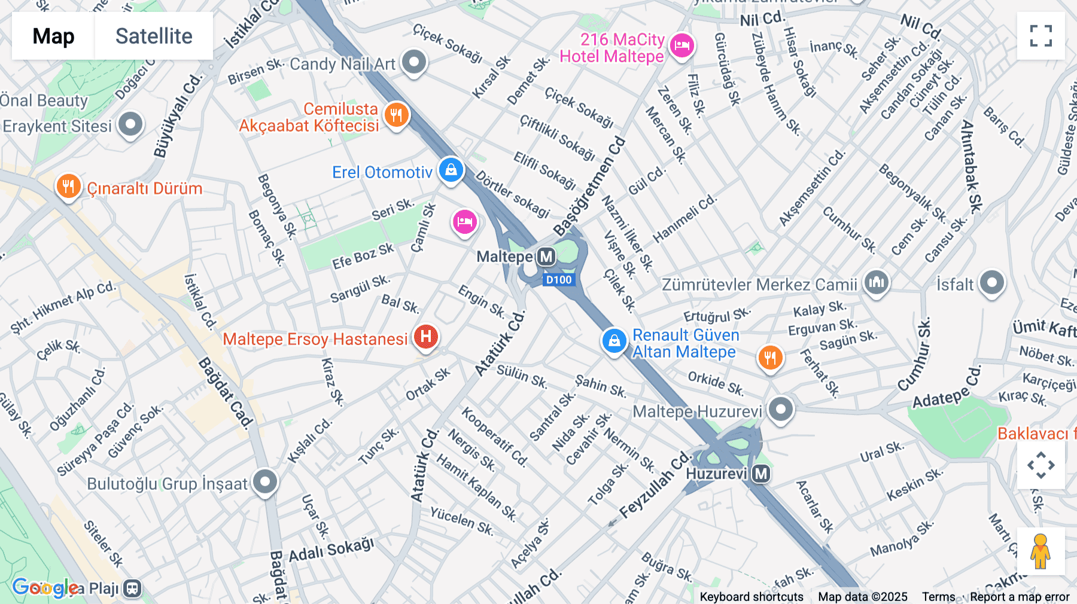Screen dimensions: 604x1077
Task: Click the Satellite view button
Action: coord(154,36)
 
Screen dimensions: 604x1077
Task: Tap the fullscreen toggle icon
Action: coord(1041,36)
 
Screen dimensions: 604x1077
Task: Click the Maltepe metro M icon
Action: coord(546,257)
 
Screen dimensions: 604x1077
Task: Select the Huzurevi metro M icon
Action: coord(760,474)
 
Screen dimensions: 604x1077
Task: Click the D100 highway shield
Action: coord(559,280)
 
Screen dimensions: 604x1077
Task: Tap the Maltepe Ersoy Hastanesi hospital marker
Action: coord(425,336)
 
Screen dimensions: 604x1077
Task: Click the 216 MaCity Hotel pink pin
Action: coord(682,45)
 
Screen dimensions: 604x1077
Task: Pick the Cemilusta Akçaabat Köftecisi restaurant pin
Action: coord(396,114)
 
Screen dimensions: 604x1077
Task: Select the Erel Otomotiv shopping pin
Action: coord(451,170)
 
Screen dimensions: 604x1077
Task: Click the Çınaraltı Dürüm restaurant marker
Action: coord(69,186)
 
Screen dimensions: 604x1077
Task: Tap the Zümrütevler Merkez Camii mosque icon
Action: coord(877,282)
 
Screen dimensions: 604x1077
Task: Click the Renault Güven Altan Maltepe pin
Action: coord(614,341)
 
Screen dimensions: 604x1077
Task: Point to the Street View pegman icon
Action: coord(1040,551)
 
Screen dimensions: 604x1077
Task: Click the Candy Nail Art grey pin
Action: coord(413,62)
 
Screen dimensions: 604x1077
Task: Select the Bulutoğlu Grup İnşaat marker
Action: coord(264,481)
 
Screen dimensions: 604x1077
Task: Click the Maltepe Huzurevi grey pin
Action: coord(780,410)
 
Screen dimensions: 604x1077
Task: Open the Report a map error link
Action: coord(1020,597)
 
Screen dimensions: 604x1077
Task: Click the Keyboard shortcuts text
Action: coord(751,597)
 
